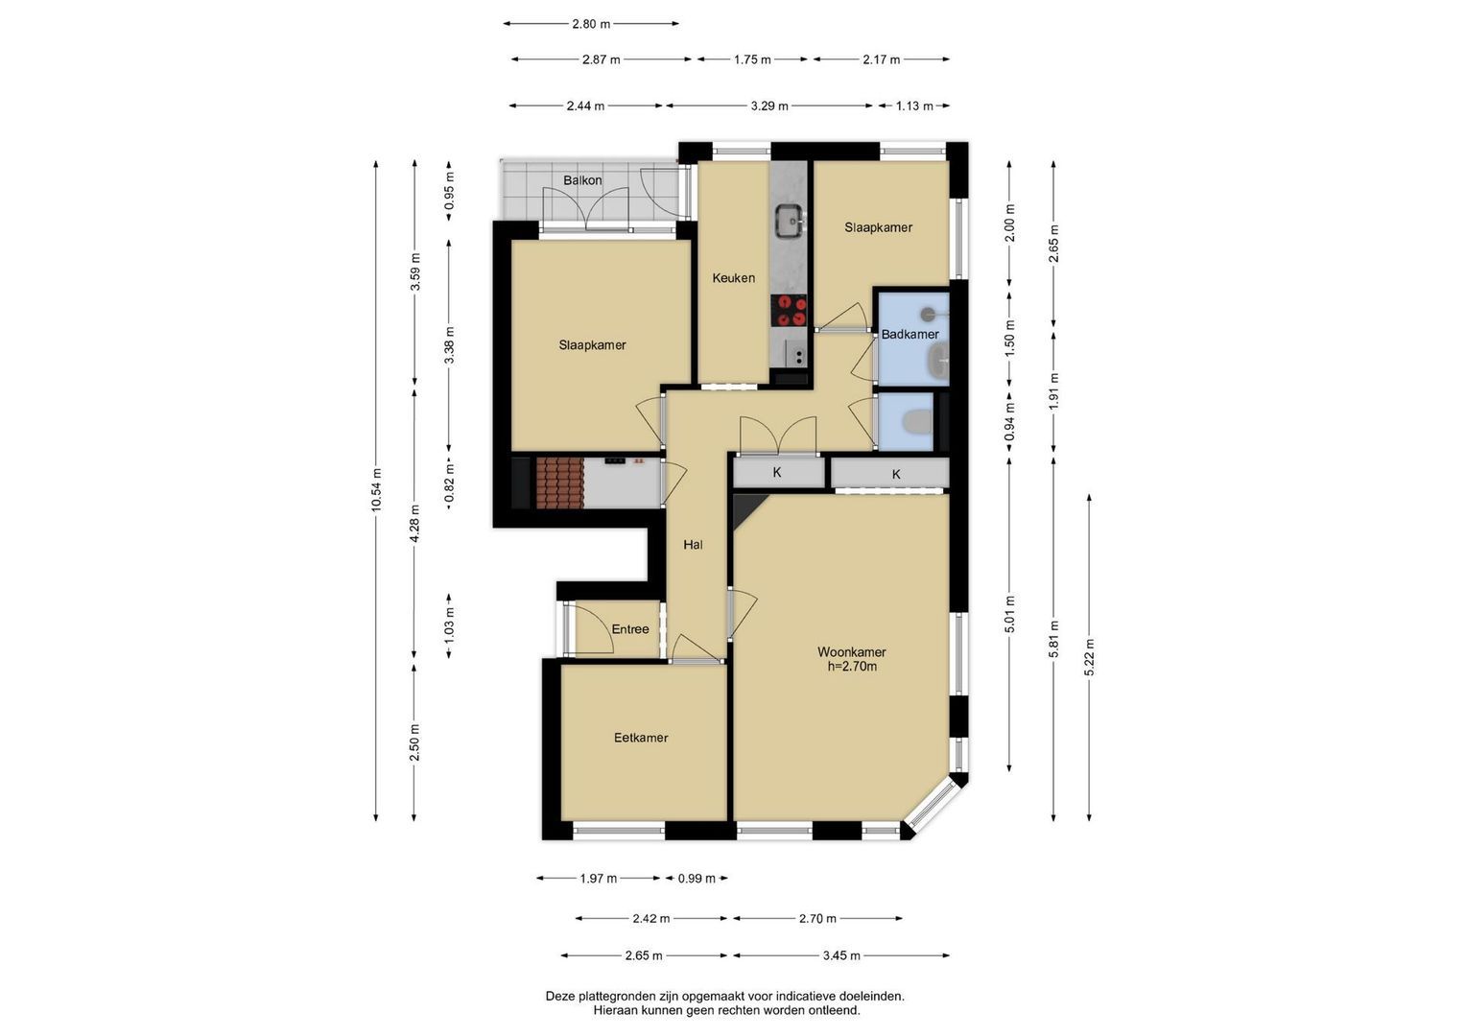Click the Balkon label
click(x=582, y=180)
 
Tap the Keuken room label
click(x=734, y=278)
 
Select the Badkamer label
click(x=910, y=334)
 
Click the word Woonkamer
click(x=852, y=652)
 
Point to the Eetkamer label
click(x=641, y=738)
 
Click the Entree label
click(x=630, y=629)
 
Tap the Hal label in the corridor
click(x=694, y=545)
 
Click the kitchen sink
click(x=790, y=221)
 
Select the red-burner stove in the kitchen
click(x=789, y=311)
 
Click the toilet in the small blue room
click(x=917, y=422)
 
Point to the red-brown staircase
click(x=560, y=483)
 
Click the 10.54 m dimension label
click(x=375, y=490)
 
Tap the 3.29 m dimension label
click(x=769, y=106)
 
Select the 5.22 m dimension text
click(x=1089, y=657)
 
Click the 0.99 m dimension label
click(x=697, y=879)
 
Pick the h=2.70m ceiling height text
click(x=852, y=667)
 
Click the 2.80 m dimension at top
click(x=591, y=24)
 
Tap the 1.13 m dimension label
click(x=914, y=106)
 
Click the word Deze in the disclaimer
click(x=559, y=996)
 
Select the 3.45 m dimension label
click(x=841, y=955)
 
